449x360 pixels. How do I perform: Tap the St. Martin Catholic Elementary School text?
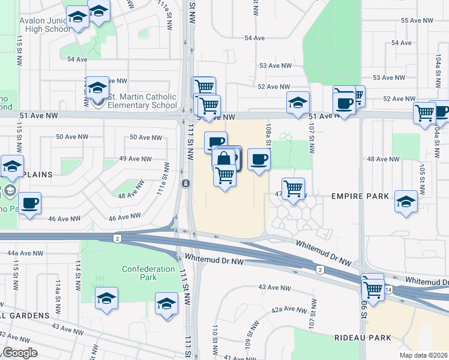[142, 101]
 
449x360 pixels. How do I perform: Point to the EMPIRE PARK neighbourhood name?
[358, 196]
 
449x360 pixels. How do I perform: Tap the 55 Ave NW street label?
[417, 20]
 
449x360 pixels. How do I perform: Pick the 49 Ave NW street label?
[135, 159]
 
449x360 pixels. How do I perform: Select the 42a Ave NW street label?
[285, 310]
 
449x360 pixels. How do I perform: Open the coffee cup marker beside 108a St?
[259, 160]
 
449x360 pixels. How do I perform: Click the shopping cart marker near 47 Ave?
[293, 188]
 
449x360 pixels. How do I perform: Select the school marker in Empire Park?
[406, 202]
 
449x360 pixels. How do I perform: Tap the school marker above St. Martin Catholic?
[97, 88]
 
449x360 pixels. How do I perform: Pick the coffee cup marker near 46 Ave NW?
[29, 203]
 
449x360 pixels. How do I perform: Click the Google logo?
[20, 353]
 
